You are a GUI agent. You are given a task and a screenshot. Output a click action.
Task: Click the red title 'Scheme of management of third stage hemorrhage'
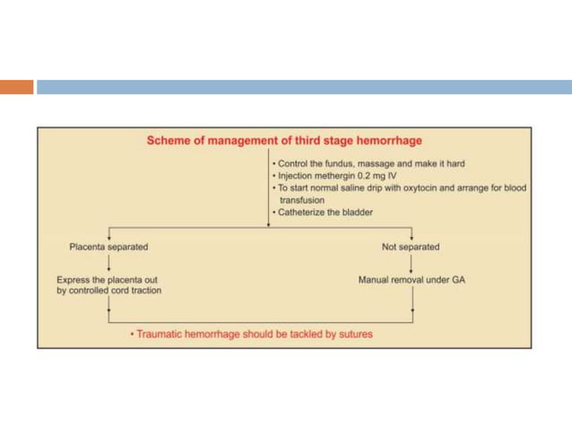point(283,141)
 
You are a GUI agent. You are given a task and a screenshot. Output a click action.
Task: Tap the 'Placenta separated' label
point(108,246)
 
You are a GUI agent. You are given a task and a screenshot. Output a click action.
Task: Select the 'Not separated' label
point(412,246)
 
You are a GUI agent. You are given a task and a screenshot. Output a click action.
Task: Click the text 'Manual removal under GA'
point(412,280)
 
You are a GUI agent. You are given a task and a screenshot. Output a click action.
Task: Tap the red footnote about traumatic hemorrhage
point(250,335)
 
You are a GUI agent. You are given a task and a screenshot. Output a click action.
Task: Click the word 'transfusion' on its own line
point(302,201)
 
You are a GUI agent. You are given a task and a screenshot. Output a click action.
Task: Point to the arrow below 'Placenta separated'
point(108,263)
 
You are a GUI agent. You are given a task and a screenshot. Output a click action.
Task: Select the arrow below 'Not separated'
point(412,263)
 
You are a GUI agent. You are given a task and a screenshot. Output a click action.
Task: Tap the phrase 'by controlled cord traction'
point(108,292)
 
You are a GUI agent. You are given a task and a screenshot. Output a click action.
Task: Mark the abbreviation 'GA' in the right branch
point(458,280)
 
